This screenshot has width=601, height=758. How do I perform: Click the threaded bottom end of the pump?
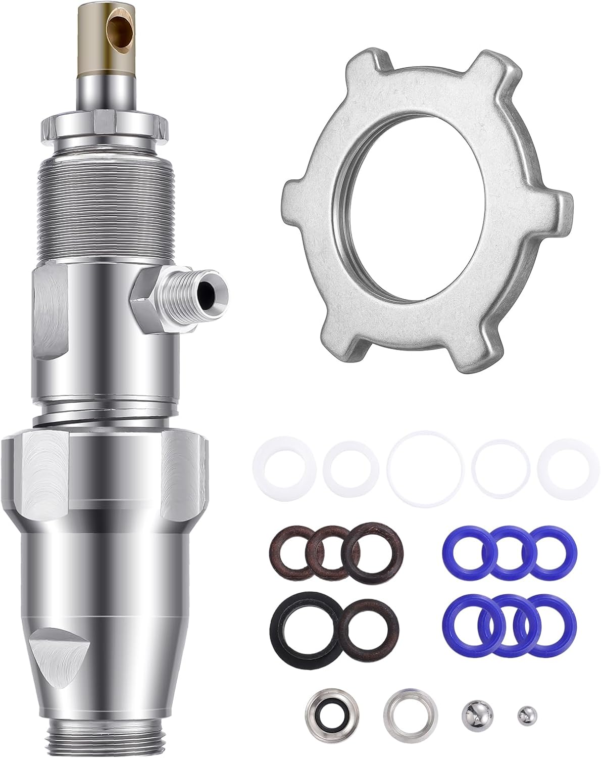(106, 740)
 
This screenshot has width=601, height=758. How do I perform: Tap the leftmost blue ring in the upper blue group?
(467, 553)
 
